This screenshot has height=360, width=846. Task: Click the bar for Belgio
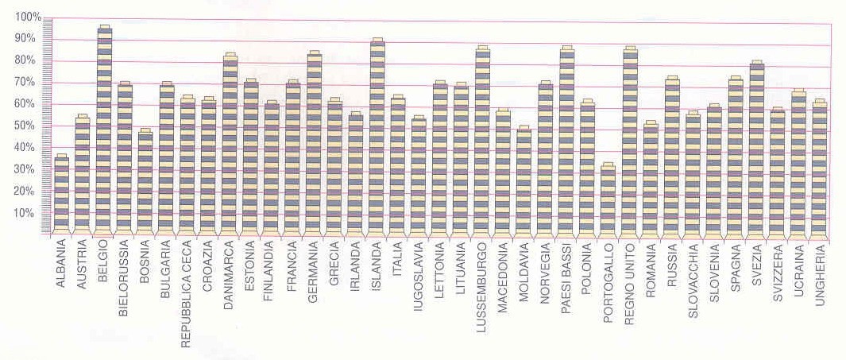pos(104,131)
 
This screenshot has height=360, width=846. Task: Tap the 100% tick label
pos(27,17)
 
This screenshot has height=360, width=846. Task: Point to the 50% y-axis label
pos(28,126)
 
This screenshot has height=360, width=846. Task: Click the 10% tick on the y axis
pos(28,213)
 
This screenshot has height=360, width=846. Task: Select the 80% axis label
pos(28,60)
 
